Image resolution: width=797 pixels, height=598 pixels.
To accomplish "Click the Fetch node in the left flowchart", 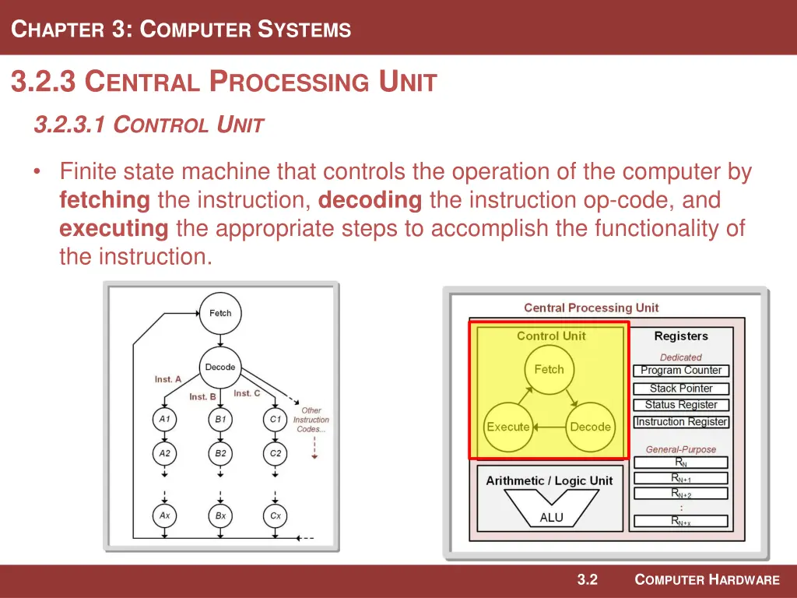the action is coord(220,313).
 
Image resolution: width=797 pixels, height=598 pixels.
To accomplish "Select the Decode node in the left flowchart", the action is coord(220,368).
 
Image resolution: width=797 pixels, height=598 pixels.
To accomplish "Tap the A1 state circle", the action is coord(164,419).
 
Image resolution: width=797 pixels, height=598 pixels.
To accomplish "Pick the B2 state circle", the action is coord(220,453).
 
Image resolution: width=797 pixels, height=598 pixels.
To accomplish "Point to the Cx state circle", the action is coord(276,515).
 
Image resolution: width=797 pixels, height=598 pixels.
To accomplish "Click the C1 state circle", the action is coord(276,419).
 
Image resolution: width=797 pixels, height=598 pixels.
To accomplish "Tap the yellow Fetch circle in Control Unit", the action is coord(549,370).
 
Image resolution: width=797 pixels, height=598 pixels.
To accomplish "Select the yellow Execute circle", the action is coord(507,427).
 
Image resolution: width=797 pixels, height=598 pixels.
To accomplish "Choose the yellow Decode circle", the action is coord(590,427).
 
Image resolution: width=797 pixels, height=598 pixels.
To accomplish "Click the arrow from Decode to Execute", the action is coord(549,427).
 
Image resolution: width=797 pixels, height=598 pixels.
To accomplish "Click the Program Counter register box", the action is coord(681,371).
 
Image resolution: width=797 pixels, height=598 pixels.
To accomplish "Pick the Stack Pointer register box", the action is coord(681,389).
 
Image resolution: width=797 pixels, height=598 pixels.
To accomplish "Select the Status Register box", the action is coord(681,405).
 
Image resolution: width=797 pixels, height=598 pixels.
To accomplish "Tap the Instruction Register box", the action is coord(681,422).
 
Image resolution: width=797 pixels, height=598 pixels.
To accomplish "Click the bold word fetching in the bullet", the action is coord(104,200).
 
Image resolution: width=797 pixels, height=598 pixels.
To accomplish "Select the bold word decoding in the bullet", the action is coord(370,200).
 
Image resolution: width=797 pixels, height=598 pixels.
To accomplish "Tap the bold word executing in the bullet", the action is coord(114,228).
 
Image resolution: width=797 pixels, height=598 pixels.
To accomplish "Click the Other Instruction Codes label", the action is coord(311,420).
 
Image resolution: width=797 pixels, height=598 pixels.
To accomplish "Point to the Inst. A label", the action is coord(168,379).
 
